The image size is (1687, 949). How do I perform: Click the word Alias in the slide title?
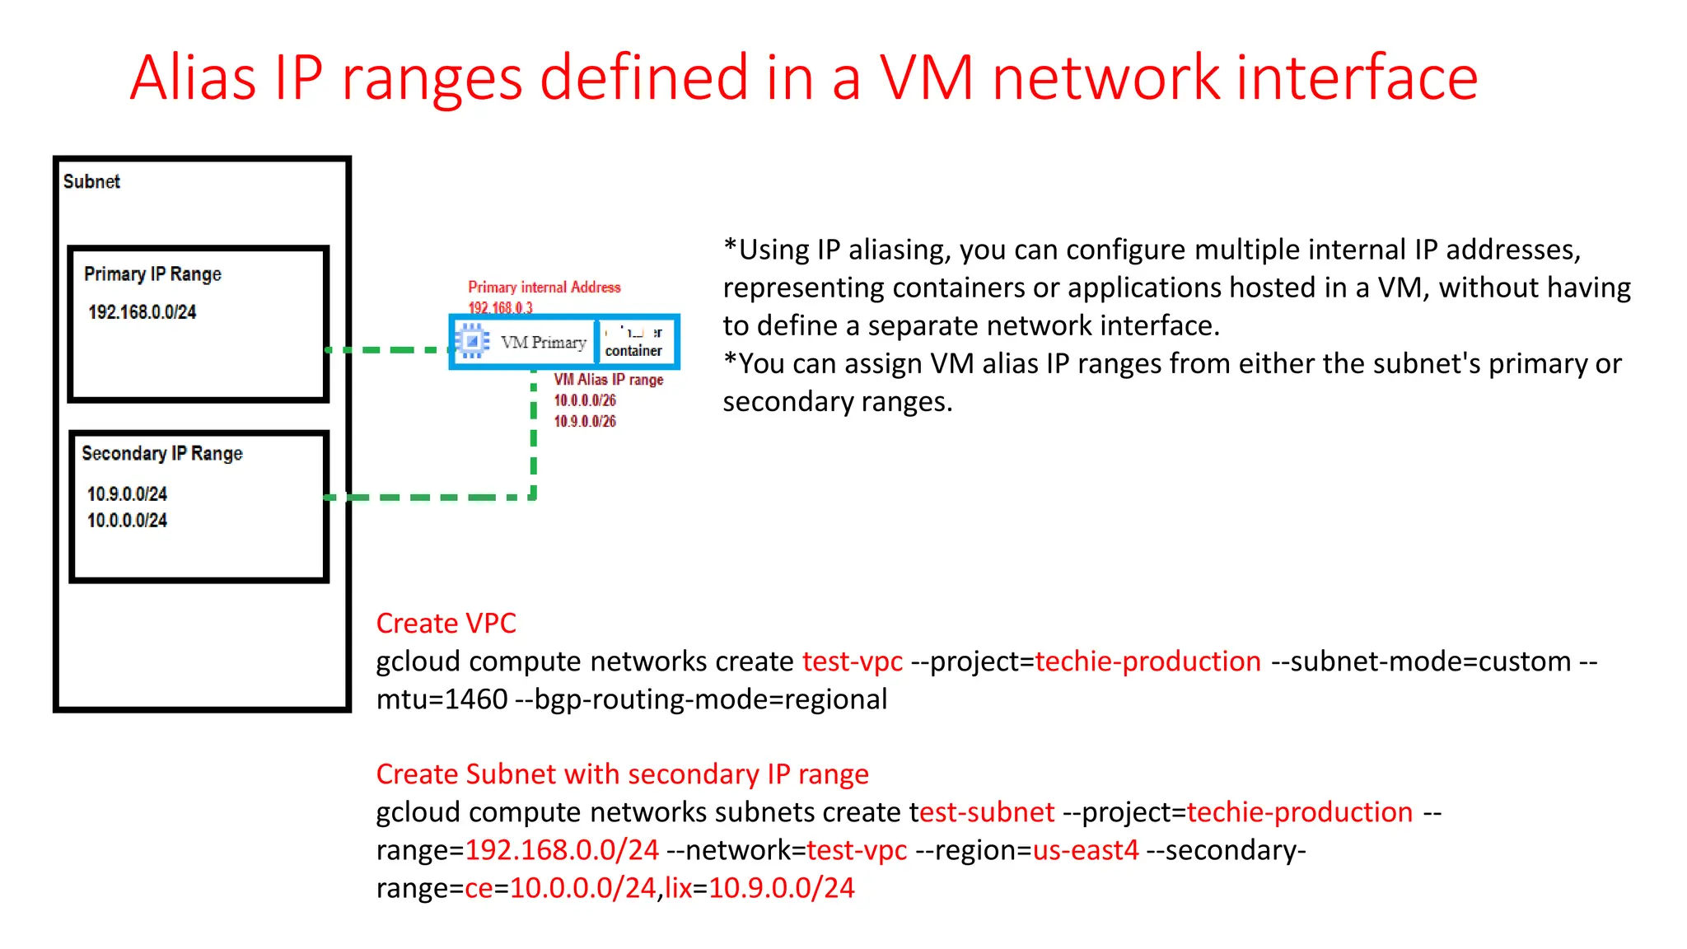tap(193, 78)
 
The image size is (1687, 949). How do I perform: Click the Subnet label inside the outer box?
tap(91, 181)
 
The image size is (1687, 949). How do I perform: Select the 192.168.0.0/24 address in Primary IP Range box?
tap(142, 312)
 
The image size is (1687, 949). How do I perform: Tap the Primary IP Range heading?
tap(152, 273)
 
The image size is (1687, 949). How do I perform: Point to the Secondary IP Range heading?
tap(162, 453)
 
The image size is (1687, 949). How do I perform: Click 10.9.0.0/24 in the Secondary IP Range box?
tap(127, 493)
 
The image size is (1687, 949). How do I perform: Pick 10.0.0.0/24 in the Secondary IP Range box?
tap(127, 520)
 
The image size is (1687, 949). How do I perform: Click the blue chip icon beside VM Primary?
tap(472, 340)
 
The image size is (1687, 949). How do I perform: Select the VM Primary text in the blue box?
tap(543, 342)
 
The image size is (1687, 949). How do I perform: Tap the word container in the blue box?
tap(633, 351)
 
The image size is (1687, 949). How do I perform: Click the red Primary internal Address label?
tap(544, 287)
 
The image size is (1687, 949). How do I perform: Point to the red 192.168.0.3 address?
tap(500, 307)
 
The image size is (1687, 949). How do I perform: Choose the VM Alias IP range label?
tap(608, 379)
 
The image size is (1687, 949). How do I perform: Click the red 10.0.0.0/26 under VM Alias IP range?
tap(584, 400)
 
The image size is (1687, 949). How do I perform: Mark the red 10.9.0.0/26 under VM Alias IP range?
tap(584, 421)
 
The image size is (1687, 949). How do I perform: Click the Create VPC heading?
tap(446, 623)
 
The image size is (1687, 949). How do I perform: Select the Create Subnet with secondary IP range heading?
tap(622, 774)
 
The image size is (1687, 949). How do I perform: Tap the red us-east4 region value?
tap(1085, 849)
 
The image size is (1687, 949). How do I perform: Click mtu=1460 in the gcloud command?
tap(442, 699)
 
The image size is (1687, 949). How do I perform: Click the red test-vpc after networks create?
tap(852, 661)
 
